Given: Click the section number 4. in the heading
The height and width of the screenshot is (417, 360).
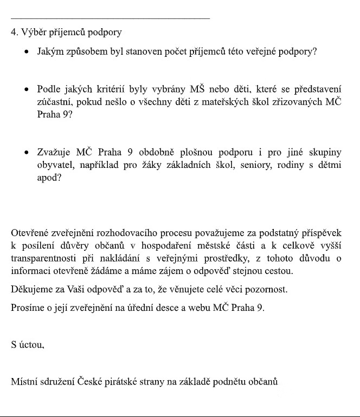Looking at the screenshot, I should (x=14, y=32).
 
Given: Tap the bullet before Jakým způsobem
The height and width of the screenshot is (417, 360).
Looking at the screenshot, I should (x=25, y=53).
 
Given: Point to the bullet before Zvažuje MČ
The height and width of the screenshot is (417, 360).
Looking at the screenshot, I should (x=25, y=153).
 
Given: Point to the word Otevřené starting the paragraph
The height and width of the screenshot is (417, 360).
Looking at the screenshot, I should (x=31, y=233).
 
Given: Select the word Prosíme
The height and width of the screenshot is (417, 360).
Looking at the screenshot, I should (x=27, y=308).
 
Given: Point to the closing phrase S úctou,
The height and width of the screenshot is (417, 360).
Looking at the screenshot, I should (x=28, y=344).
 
